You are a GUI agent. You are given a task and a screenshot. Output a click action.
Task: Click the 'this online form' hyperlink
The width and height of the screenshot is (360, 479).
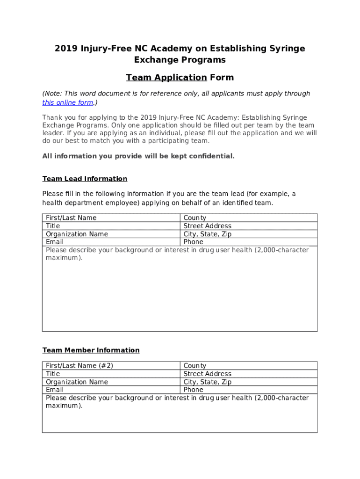[68, 102]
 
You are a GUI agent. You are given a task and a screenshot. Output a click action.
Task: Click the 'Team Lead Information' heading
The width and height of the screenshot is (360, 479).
[85, 179]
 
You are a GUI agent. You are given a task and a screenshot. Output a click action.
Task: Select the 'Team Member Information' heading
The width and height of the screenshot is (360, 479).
[91, 350]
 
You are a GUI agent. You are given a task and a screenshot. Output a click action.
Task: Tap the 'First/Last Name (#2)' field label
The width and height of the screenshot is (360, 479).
[79, 366]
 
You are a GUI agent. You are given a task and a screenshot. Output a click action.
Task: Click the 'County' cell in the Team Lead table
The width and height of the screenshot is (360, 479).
[194, 218]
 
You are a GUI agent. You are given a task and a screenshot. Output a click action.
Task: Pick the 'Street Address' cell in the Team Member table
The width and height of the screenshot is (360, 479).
[207, 374]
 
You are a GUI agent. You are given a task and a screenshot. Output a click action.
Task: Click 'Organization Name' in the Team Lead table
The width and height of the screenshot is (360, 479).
[77, 234]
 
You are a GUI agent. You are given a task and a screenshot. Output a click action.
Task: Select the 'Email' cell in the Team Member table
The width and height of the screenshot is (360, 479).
[55, 390]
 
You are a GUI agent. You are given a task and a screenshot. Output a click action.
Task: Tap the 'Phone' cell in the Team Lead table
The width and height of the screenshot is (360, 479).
[193, 242]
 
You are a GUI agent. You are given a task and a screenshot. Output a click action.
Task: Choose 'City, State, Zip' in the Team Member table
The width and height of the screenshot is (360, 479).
[207, 382]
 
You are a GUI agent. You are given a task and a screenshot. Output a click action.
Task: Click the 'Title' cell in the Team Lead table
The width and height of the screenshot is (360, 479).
[53, 226]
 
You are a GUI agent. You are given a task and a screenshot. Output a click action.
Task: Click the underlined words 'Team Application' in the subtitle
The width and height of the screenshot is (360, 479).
[166, 78]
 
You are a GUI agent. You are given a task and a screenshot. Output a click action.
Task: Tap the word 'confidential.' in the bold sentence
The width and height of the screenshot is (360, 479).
[212, 156]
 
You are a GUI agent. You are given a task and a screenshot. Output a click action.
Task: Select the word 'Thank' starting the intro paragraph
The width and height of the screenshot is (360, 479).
[52, 117]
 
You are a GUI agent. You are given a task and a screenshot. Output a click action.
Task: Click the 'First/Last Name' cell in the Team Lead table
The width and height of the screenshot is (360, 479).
[71, 218]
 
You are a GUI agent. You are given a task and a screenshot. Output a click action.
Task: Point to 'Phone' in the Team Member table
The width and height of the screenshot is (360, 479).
[193, 390]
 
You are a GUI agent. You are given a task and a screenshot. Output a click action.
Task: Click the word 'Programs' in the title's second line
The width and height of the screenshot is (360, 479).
[202, 60]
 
